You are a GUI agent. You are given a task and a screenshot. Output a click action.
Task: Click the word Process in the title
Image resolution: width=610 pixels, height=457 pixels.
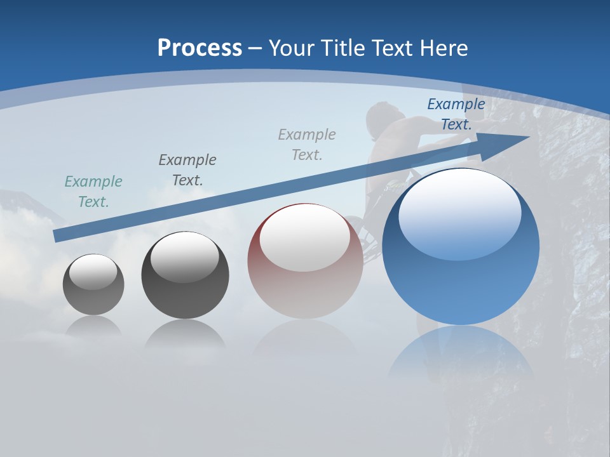pyautogui.click(x=200, y=48)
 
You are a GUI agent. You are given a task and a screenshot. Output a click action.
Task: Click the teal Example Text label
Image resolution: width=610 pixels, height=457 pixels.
pyautogui.click(x=93, y=191)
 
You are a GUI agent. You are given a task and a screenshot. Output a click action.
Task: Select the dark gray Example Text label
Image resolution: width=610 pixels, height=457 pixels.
pyautogui.click(x=187, y=169)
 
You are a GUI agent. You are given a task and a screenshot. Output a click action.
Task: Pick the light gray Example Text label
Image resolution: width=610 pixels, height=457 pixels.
pyautogui.click(x=307, y=144)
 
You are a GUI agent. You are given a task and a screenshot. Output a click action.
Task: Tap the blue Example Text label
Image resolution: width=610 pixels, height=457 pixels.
pyautogui.click(x=456, y=114)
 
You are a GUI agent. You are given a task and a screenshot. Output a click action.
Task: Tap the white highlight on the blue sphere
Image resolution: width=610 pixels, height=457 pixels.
pyautogui.click(x=459, y=213)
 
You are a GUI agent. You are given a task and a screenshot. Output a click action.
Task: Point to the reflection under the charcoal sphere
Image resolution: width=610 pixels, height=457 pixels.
pyautogui.click(x=185, y=334)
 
